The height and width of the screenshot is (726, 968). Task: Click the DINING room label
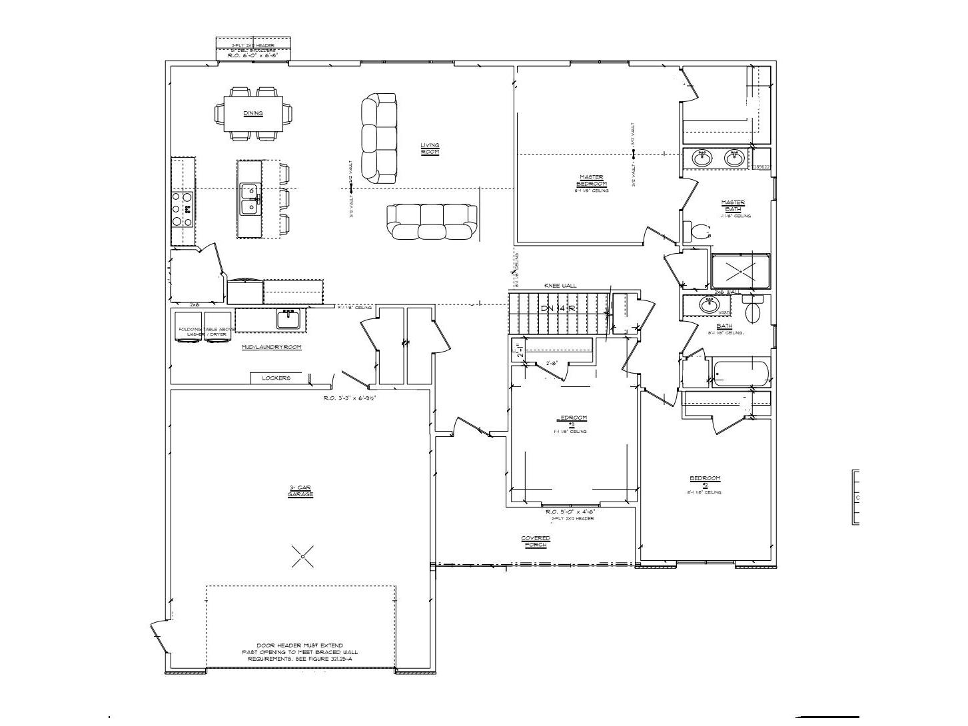(253, 113)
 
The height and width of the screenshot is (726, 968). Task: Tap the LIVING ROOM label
(430, 149)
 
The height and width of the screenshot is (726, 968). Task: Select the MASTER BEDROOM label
(592, 180)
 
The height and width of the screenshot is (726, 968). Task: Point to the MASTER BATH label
(733, 206)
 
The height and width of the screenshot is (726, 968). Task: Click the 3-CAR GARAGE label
(301, 492)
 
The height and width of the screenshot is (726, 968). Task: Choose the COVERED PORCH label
(535, 542)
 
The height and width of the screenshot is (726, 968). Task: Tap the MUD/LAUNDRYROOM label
(271, 347)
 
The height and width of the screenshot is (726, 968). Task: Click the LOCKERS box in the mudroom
(276, 378)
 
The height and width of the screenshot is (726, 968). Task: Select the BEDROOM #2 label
(704, 481)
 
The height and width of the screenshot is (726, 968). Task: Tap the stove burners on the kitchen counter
(183, 209)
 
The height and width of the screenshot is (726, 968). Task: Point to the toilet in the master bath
(699, 232)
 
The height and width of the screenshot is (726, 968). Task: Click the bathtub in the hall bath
(740, 374)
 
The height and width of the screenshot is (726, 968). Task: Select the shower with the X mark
(740, 272)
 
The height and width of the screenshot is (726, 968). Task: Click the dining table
(253, 114)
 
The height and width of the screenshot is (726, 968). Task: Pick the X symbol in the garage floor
(302, 556)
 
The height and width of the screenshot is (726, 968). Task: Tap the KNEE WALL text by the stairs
(560, 286)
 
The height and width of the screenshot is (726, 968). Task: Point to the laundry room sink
(288, 319)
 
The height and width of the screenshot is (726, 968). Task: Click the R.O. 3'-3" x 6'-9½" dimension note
(351, 398)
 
